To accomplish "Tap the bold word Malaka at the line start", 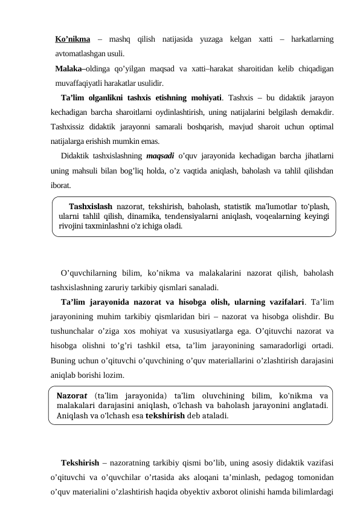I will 68,68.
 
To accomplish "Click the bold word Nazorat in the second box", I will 72,396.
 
